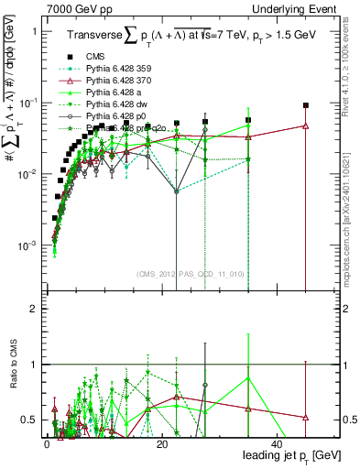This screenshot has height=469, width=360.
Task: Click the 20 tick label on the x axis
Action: coord(161,445)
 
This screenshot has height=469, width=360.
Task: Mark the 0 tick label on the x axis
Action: coord(47,445)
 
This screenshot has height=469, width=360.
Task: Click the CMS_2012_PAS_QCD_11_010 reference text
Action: coord(189,272)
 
